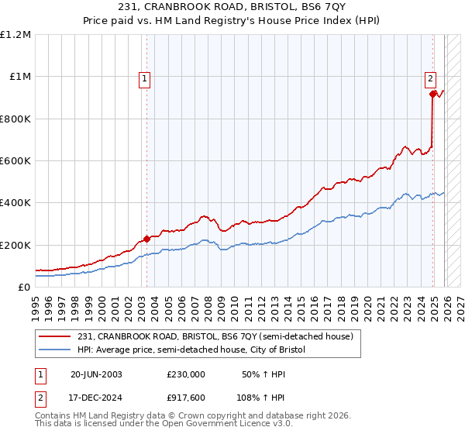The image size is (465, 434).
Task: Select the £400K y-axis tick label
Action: coord(15,203)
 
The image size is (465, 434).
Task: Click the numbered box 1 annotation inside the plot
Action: coord(146,77)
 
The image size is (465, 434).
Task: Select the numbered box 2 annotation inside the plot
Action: coord(430,77)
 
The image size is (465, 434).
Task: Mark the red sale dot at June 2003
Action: coord(146,239)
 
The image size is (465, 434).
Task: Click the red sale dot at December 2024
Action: coord(432,94)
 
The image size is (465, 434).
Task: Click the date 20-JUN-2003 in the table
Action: coord(96,374)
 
